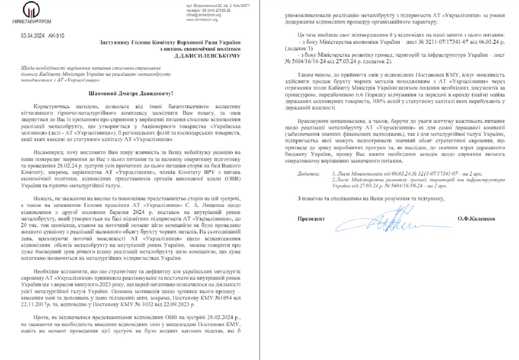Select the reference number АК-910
pyautogui.click(x=56, y=35)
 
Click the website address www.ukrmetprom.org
pyautogui.click(x=202, y=19)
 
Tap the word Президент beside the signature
pyautogui.click(x=311, y=219)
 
